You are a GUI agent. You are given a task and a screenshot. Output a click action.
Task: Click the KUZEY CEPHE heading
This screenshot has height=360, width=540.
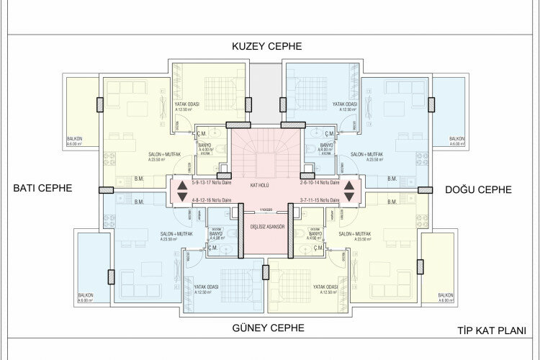266,47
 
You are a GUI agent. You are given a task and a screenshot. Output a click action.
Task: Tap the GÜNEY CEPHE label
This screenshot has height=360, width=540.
268,328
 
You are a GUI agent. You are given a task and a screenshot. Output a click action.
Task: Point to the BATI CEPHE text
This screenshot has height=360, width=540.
43,189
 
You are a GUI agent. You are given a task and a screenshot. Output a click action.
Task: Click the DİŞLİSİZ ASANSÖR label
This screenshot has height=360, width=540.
267,227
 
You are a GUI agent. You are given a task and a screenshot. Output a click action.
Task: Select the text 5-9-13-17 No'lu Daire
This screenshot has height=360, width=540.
214,183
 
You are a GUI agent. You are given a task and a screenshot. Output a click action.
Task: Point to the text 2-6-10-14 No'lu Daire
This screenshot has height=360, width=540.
319,183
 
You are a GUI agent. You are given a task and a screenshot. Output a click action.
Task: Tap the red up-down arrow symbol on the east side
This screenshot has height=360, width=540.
349,190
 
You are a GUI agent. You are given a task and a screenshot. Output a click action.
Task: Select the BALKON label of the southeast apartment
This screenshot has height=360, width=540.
446,297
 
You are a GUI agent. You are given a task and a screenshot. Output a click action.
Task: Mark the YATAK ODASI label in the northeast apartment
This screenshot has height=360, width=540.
345,104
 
